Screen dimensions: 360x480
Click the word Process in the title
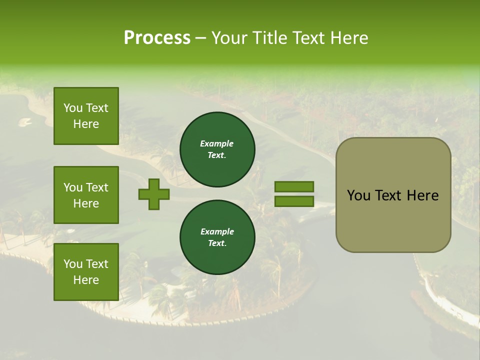[x=157, y=38]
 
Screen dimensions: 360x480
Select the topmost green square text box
[x=86, y=116]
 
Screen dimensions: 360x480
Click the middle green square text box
[x=86, y=195]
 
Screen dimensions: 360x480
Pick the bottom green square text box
[x=86, y=272]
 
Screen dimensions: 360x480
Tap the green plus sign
[x=154, y=194]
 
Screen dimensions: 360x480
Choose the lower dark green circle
[x=217, y=237]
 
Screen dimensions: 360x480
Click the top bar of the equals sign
[x=294, y=187]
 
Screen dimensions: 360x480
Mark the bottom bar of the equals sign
[x=294, y=201]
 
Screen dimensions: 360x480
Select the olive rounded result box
[x=393, y=195]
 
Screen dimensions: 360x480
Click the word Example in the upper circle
[x=217, y=144]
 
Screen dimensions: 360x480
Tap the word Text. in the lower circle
[x=217, y=243]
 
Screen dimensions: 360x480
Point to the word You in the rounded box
[x=358, y=195]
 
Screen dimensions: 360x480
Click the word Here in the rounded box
[x=422, y=195]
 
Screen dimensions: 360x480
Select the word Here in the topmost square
[x=86, y=124]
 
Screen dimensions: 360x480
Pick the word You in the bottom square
[x=73, y=264]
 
